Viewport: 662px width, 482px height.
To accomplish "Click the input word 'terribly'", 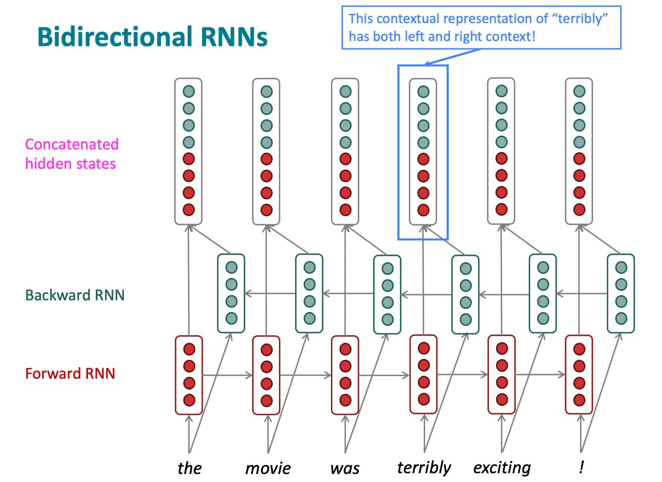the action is tap(424, 468).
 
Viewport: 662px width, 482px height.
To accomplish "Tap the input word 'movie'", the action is tap(268, 469).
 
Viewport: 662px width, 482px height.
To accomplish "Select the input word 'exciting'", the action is tap(502, 468).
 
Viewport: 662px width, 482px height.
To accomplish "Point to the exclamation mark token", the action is tap(581, 467).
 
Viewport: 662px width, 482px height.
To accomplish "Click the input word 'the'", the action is tap(190, 468).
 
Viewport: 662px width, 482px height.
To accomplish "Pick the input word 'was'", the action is tap(345, 469).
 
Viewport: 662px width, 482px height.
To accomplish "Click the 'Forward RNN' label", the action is tap(70, 374).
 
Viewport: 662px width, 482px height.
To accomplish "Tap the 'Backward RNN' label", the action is tap(75, 295).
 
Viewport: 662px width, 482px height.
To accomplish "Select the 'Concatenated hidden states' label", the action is tap(72, 154).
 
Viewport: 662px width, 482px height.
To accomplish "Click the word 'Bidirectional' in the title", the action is tap(115, 36).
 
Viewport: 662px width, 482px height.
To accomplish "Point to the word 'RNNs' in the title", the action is tap(234, 36).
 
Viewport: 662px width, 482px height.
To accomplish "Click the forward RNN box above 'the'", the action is tap(189, 375).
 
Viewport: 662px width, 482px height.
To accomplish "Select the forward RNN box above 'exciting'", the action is tap(502, 374).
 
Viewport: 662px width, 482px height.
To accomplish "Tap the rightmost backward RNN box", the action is tap(621, 293).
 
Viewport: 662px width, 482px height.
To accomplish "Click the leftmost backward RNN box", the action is tap(231, 293).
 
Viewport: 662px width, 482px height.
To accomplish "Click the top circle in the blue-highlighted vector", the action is tap(424, 92).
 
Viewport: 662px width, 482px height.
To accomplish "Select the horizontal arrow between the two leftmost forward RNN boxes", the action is tap(227, 375).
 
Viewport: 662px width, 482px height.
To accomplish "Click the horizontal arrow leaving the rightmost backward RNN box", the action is tap(582, 293).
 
